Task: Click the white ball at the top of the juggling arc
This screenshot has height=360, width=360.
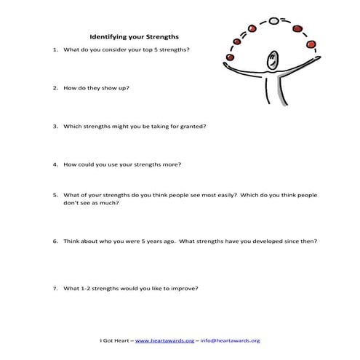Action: [x=273, y=21]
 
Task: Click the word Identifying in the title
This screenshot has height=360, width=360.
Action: [x=110, y=36]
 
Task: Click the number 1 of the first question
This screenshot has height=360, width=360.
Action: [x=55, y=49]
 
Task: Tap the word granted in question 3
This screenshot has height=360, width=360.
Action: [x=193, y=126]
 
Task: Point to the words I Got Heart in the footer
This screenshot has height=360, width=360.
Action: [x=113, y=340]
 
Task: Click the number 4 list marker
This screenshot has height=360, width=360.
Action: [x=55, y=164]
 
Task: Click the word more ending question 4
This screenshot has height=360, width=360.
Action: [x=172, y=164]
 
